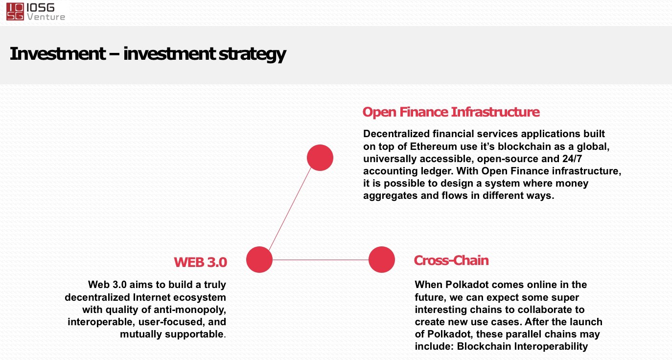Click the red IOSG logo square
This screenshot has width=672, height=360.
[15, 12]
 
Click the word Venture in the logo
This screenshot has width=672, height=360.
[46, 17]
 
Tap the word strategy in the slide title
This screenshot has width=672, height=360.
[252, 54]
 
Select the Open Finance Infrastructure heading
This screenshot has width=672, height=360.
[451, 112]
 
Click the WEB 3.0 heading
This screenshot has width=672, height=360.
[200, 262]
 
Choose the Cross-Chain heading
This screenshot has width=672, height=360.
[451, 260]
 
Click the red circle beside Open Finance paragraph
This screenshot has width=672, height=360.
[320, 158]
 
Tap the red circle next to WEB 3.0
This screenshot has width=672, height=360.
[259, 260]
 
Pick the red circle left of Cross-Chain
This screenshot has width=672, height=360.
[382, 260]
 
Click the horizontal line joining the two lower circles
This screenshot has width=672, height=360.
[321, 260]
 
